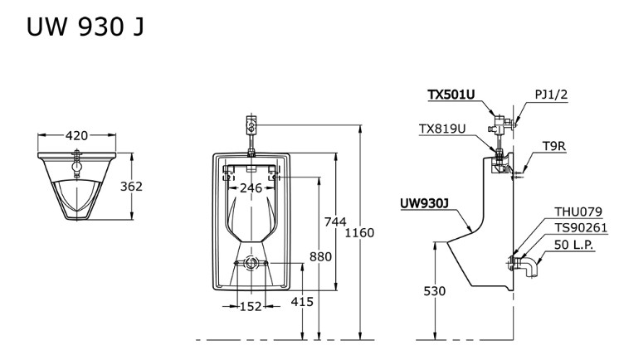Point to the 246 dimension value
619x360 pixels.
pyautogui.click(x=251, y=188)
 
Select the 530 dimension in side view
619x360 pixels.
pyautogui.click(x=435, y=291)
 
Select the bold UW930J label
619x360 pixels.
pyautogui.click(x=424, y=202)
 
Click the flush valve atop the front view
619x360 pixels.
pyautogui.click(x=252, y=126)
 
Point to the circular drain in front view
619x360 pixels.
pyautogui.click(x=251, y=264)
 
